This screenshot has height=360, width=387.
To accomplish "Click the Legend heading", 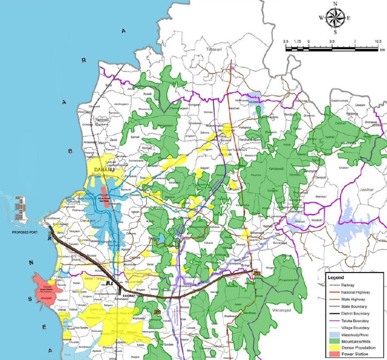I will pos(336,277).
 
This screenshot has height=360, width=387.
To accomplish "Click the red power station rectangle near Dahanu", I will pos(104,196).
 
